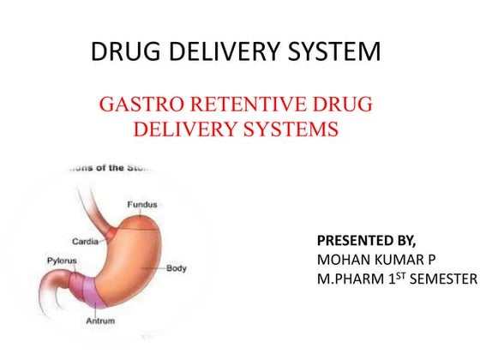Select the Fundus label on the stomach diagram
pyautogui.click(x=141, y=204)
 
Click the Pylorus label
pyautogui.click(x=61, y=259)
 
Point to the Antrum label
pyautogui.click(x=101, y=321)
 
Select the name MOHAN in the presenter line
pyautogui.click(x=340, y=257)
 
